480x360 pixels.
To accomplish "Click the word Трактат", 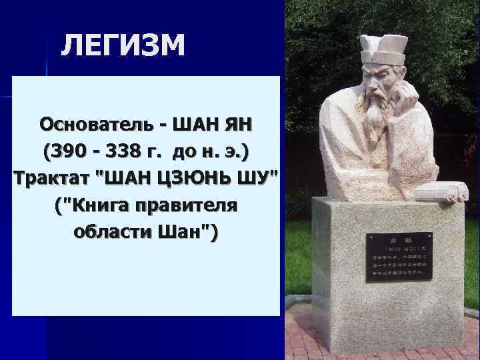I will (46, 179).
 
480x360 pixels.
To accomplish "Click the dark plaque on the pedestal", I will (399, 257).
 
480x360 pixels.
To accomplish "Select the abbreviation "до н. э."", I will (209, 152).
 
